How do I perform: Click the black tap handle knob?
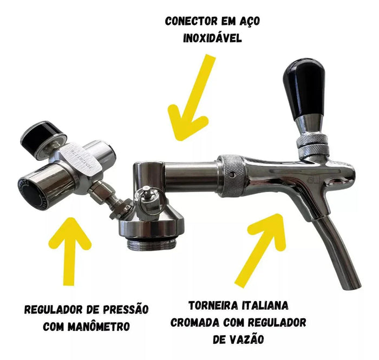point(304,89)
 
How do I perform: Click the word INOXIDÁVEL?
point(212,38)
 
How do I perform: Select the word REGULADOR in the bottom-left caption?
point(53,310)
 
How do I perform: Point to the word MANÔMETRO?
point(99,326)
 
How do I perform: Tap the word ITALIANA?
point(264,306)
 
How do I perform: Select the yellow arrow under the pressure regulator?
point(70,251)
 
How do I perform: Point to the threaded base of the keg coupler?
point(151,245)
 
